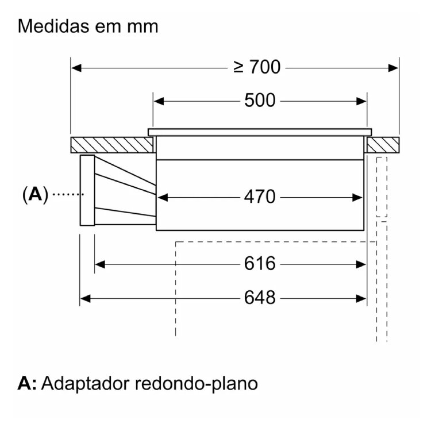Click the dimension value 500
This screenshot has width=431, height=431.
click(260, 101)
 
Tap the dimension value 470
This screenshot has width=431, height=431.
click(260, 198)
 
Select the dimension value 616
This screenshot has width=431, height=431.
click(260, 264)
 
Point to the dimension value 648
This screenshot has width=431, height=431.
click(260, 298)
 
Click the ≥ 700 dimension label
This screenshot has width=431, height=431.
click(257, 67)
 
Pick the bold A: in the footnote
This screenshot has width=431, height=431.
click(28, 383)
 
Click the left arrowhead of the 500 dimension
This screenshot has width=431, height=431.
click(157, 101)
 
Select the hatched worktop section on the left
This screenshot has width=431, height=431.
click(112, 145)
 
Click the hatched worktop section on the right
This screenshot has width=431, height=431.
click(383, 145)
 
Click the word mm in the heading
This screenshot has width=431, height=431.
click(143, 27)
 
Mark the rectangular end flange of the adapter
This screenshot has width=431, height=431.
click(87, 190)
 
